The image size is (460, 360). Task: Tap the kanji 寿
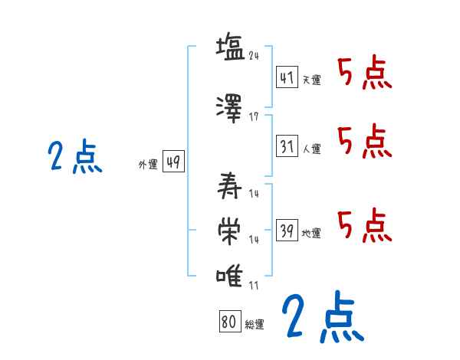click(x=230, y=185)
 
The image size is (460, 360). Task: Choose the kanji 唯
click(x=230, y=276)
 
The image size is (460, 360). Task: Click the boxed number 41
click(x=287, y=77)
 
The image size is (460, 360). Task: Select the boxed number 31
click(x=287, y=146)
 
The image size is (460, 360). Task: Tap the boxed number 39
click(x=287, y=231)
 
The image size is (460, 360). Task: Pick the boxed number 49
click(x=173, y=162)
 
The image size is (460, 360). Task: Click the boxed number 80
click(x=228, y=322)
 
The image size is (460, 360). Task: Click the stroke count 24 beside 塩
click(x=254, y=56)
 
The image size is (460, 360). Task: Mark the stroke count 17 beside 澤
click(x=254, y=116)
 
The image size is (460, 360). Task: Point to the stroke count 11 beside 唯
click(x=254, y=285)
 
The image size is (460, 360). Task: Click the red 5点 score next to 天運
click(x=364, y=74)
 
